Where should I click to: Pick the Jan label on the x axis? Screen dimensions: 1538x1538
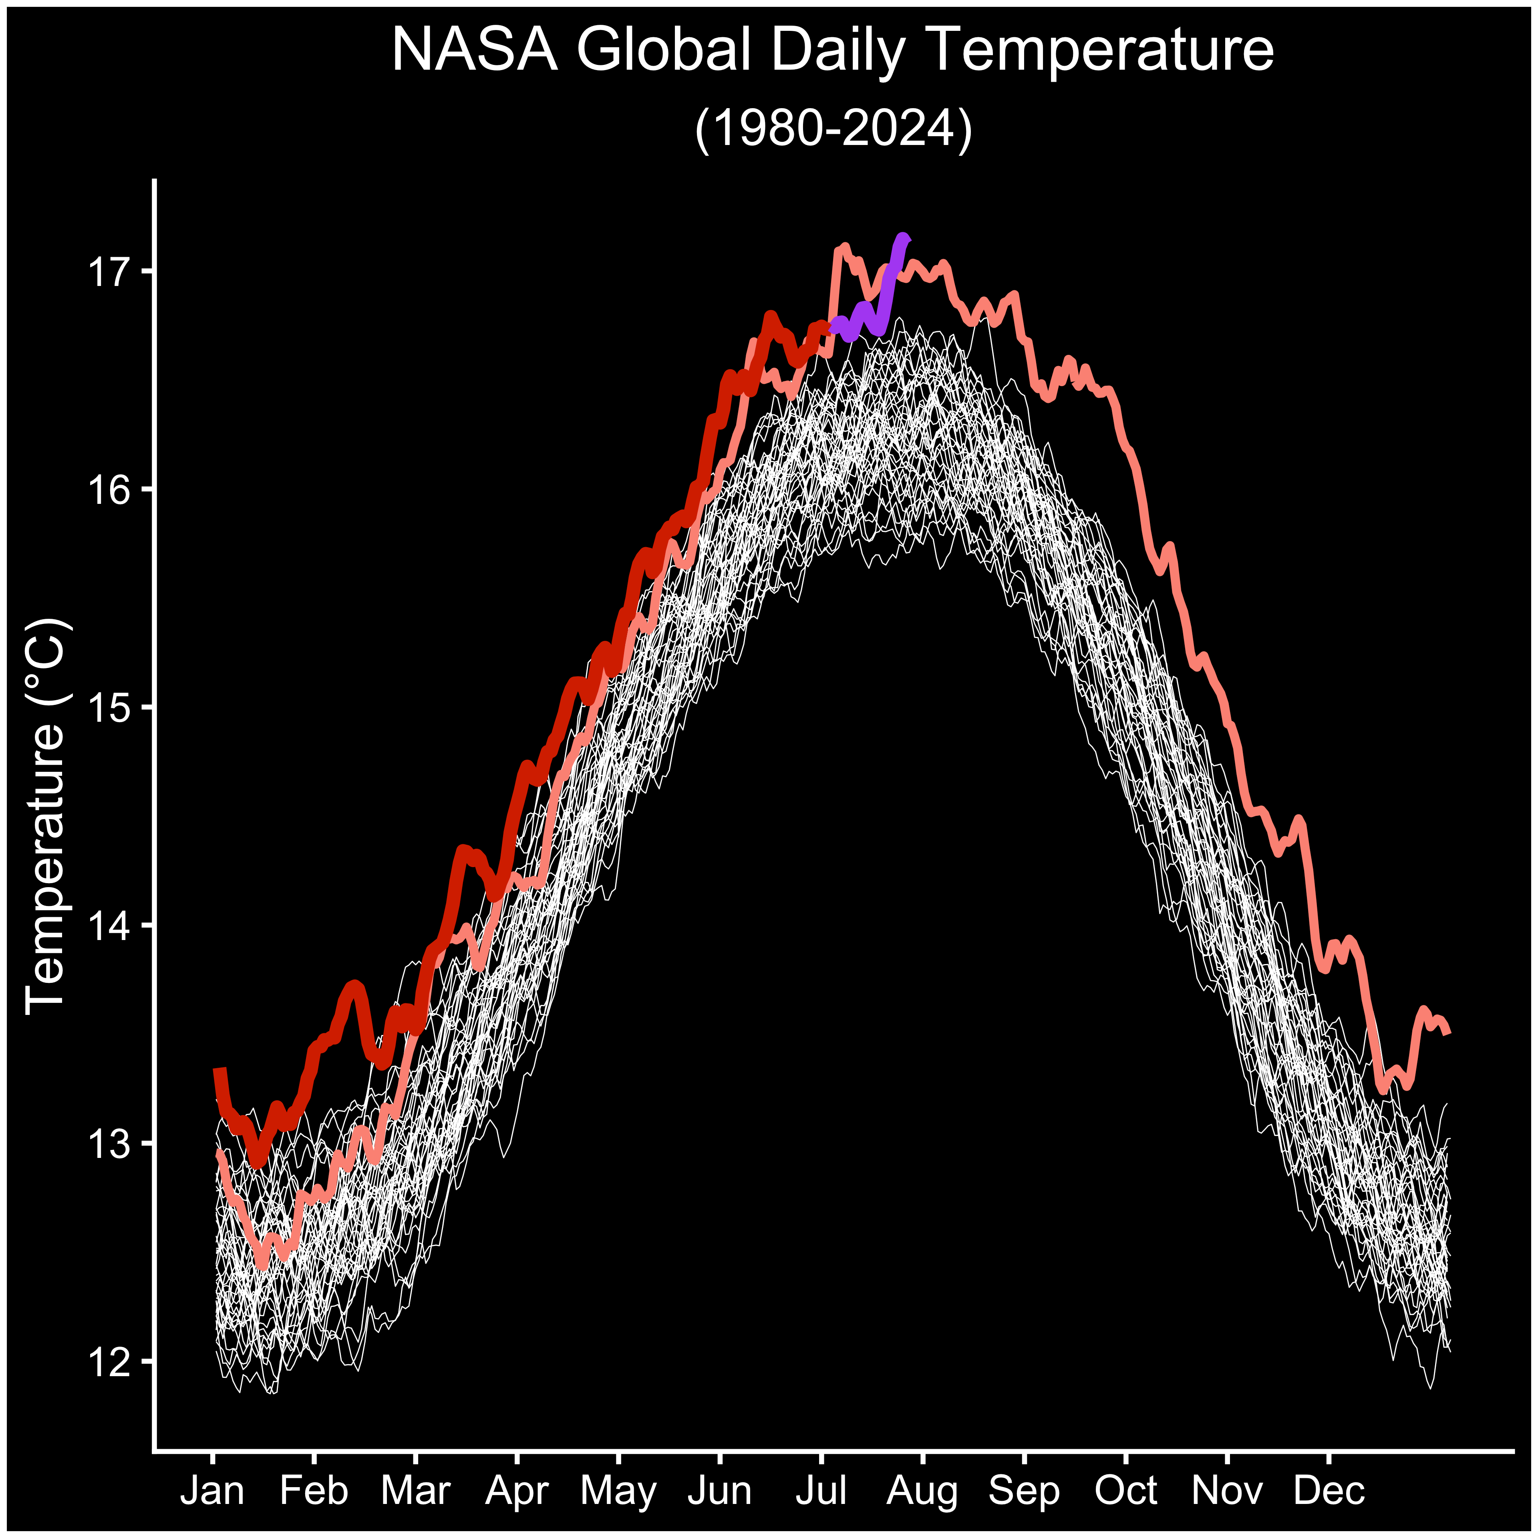[213, 1490]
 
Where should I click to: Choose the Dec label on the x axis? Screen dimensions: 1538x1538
[1329, 1490]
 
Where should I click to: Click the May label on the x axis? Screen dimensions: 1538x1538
[618, 1490]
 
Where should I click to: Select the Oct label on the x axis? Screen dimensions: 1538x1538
[1125, 1490]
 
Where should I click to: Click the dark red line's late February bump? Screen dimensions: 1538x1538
[354, 987]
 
